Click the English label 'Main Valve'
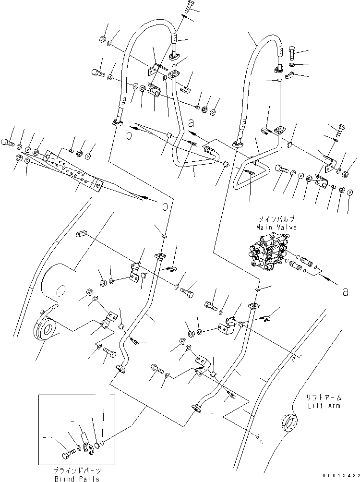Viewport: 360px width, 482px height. pyautogui.click(x=276, y=228)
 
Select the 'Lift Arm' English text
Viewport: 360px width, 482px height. pyautogui.click(x=324, y=406)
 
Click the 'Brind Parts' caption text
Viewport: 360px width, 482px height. pyautogui.click(x=76, y=479)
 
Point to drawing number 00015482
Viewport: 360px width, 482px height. pyautogui.click(x=339, y=475)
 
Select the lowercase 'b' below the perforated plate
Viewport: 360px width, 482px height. pyautogui.click(x=164, y=206)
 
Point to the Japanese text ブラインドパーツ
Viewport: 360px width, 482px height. pyautogui.click(x=77, y=471)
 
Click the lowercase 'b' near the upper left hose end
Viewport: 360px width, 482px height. pyautogui.click(x=128, y=135)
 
